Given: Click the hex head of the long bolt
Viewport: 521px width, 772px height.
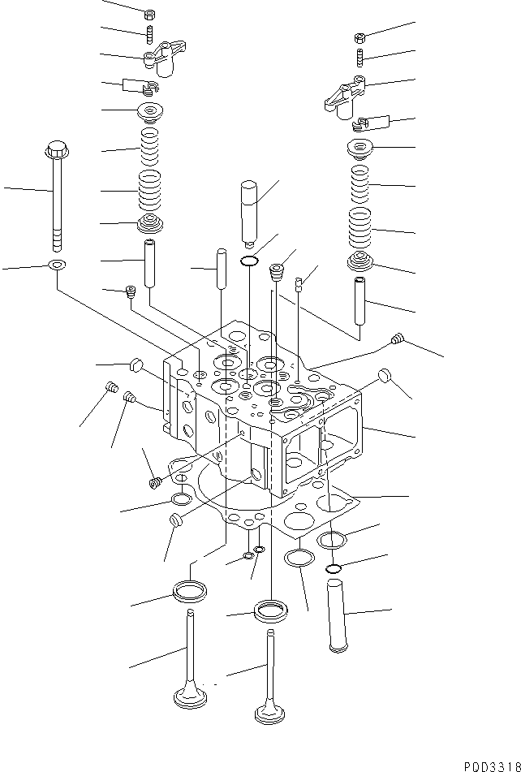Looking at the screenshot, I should pyautogui.click(x=57, y=150).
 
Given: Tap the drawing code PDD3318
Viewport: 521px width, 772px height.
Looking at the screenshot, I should pyautogui.click(x=489, y=765).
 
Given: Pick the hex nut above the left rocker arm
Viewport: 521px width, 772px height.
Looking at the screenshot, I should pyautogui.click(x=149, y=15).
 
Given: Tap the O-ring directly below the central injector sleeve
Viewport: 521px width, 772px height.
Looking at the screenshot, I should pyautogui.click(x=250, y=261).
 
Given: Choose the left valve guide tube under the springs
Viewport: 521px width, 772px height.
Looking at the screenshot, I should pyautogui.click(x=150, y=262).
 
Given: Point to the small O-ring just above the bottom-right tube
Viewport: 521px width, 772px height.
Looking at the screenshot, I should pyautogui.click(x=334, y=567).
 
